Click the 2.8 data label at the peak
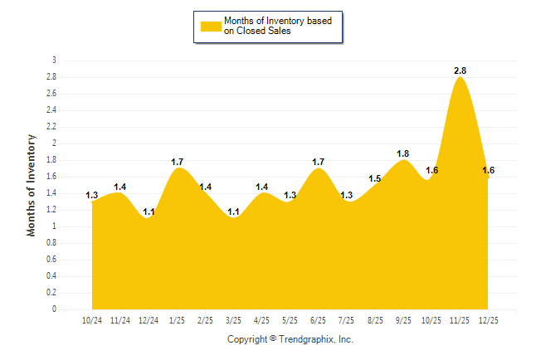[x=460, y=71]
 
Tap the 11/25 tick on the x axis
[x=459, y=319]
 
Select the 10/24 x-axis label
[x=92, y=319]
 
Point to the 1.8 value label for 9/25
[x=403, y=153]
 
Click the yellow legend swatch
[x=211, y=26]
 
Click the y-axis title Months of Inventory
[x=32, y=185]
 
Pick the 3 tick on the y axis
[x=54, y=61]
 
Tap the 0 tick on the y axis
[x=54, y=309]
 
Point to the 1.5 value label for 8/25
[x=375, y=178]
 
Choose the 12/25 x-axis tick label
[x=487, y=319]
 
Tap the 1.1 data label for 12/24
[x=149, y=212]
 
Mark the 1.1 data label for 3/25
[x=233, y=212]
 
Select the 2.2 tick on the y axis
[x=52, y=127]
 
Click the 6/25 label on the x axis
[x=318, y=319]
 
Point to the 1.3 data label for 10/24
[x=92, y=195]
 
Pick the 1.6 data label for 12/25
[x=489, y=170]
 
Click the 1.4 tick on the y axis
[x=52, y=193]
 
